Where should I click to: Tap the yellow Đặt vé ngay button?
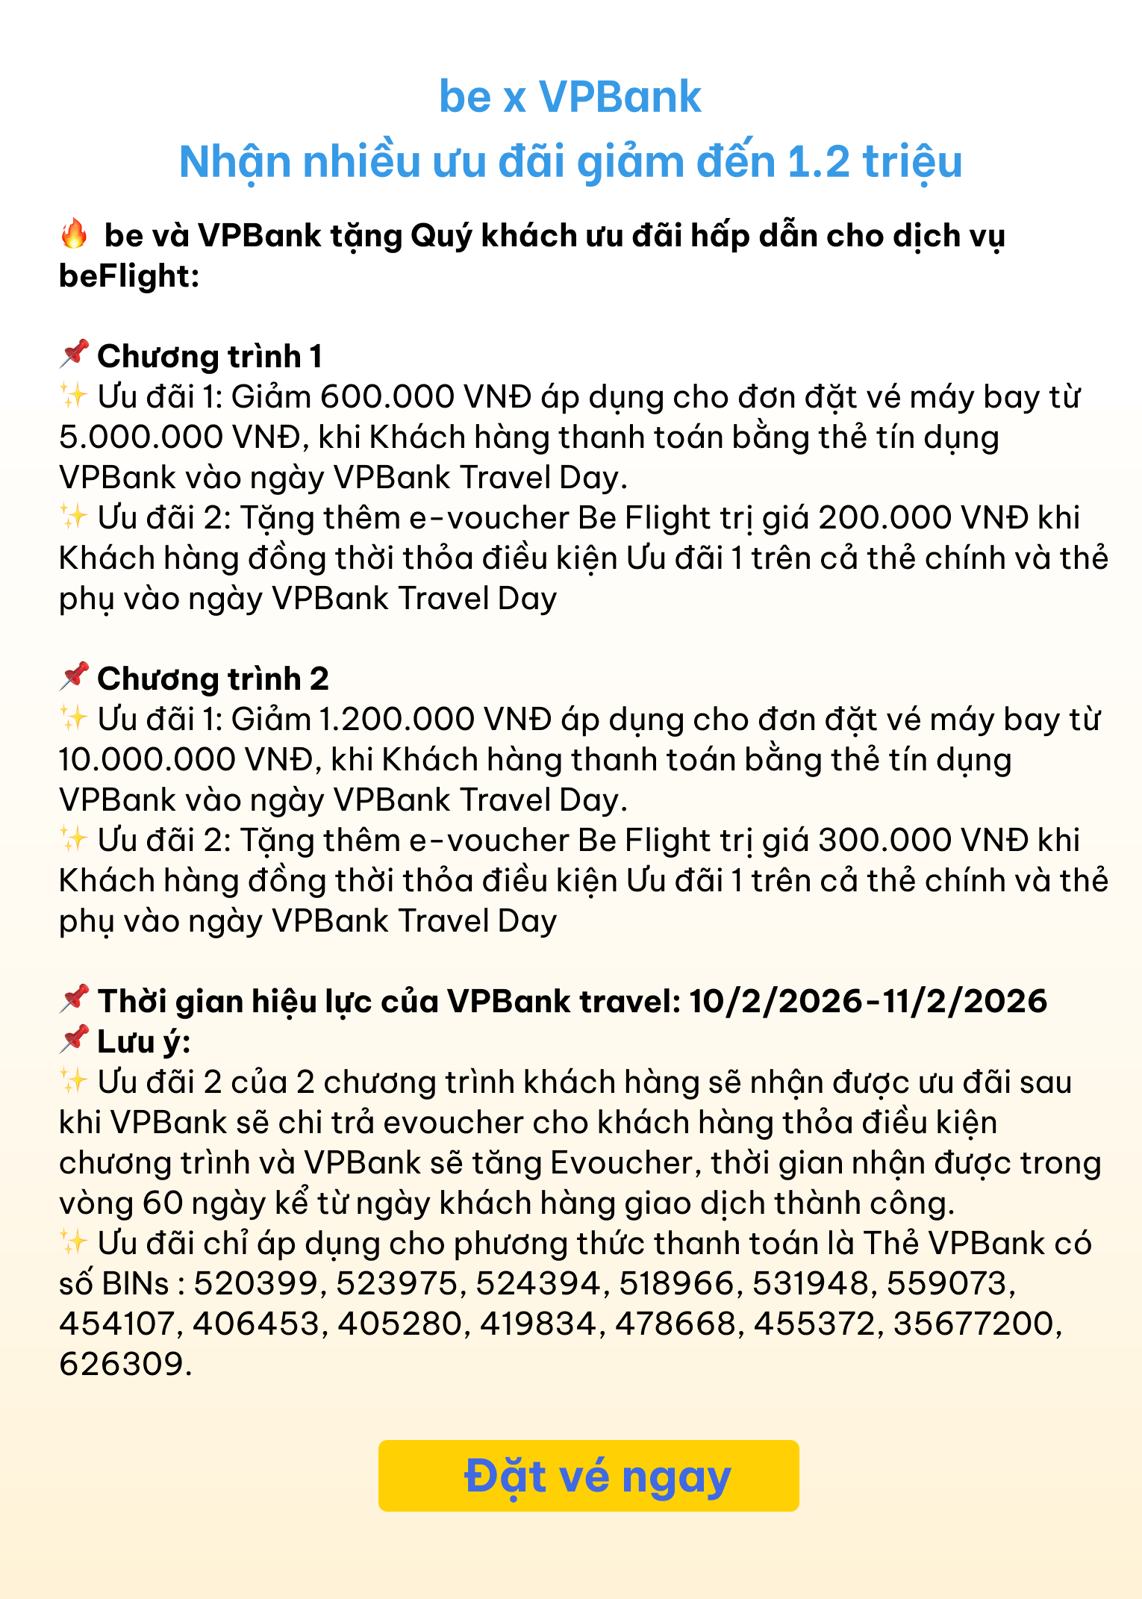click(588, 1476)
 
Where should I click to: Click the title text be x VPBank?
click(570, 97)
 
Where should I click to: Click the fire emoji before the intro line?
click(74, 234)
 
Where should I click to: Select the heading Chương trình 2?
click(213, 679)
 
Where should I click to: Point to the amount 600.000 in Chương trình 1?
click(387, 396)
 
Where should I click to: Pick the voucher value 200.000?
click(885, 517)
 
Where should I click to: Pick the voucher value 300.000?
click(885, 840)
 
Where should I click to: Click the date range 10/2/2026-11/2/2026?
click(868, 1001)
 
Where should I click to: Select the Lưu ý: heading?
click(143, 1041)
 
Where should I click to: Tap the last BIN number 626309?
click(121, 1364)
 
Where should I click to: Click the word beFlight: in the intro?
click(129, 275)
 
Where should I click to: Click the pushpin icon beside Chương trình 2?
click(74, 677)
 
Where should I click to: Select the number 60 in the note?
click(162, 1203)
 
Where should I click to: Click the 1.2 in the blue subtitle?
click(819, 161)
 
